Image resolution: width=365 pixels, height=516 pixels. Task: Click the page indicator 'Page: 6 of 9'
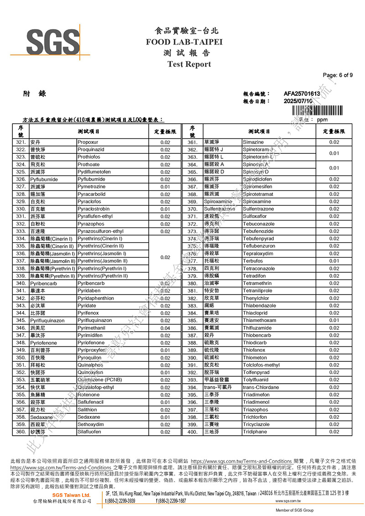tap(337, 75)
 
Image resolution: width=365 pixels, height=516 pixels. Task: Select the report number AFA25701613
tap(302, 94)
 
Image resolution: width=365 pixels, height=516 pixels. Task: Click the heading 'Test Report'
tap(189, 64)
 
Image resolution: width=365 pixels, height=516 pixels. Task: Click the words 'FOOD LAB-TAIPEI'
tap(184, 42)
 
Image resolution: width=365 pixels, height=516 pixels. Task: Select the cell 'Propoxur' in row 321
tap(87, 142)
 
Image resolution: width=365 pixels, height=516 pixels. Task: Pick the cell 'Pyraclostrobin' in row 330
tap(94, 209)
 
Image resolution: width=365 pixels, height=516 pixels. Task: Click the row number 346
tap(21, 328)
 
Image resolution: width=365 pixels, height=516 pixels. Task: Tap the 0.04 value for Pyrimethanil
tap(165, 328)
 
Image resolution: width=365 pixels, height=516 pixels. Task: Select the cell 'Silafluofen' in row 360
tap(90, 432)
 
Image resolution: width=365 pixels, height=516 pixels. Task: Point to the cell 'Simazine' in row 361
tap(253, 142)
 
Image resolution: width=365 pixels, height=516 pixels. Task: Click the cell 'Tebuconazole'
tap(259, 224)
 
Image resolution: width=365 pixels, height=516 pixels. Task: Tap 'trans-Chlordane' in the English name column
tap(261, 387)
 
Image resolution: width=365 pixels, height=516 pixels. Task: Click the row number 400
tap(192, 432)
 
